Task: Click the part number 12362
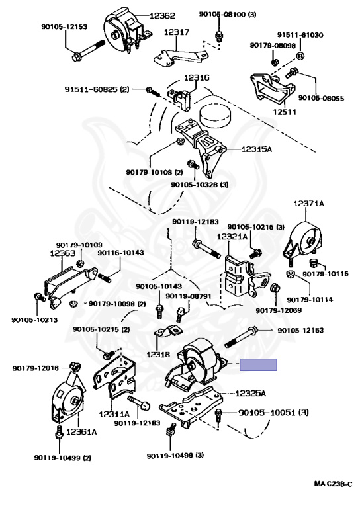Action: click(x=162, y=16)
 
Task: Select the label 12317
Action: click(x=177, y=32)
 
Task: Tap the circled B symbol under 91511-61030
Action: click(x=300, y=56)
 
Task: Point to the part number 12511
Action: click(x=284, y=112)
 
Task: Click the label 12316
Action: click(x=197, y=78)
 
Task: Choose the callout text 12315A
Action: click(x=257, y=149)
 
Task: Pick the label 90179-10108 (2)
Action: click(x=154, y=172)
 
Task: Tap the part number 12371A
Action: click(x=309, y=204)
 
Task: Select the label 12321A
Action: click(x=232, y=237)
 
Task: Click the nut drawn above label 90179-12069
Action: click(x=275, y=288)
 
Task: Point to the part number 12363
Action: click(x=63, y=253)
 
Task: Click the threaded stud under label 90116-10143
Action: click(x=105, y=278)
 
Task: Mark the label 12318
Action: click(x=158, y=354)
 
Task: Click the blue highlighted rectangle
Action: click(x=258, y=365)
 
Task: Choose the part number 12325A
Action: click(x=250, y=394)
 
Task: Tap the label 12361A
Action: click(x=81, y=431)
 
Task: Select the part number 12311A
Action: click(x=114, y=414)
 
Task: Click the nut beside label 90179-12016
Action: click(x=75, y=367)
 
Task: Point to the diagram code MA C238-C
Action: click(x=333, y=484)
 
